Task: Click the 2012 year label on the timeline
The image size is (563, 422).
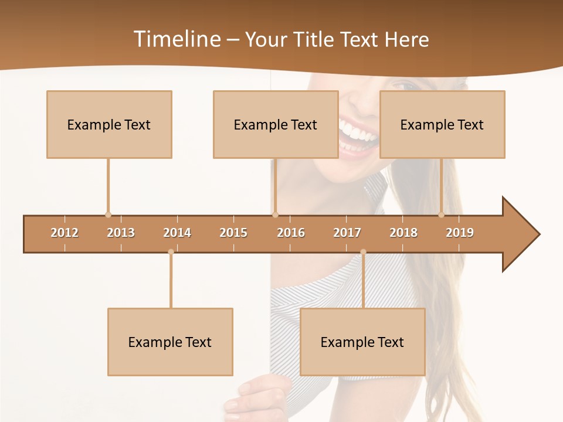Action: pyautogui.click(x=65, y=233)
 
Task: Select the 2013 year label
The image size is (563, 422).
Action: pyautogui.click(x=121, y=233)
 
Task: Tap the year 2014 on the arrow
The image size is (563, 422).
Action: pyautogui.click(x=177, y=233)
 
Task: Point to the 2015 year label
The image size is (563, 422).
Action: pyautogui.click(x=233, y=233)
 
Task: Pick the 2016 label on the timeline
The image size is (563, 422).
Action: pyautogui.click(x=291, y=233)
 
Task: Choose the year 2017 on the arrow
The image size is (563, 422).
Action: pyautogui.click(x=347, y=233)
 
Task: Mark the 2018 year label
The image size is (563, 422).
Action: pyautogui.click(x=403, y=233)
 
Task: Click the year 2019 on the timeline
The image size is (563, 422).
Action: pyautogui.click(x=460, y=233)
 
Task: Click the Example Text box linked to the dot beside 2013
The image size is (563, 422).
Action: pyautogui.click(x=109, y=124)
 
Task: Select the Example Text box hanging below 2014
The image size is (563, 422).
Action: pyautogui.click(x=170, y=342)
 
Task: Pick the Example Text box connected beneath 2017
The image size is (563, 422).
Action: pyautogui.click(x=362, y=342)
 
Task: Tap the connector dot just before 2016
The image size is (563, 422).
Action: pyautogui.click(x=276, y=215)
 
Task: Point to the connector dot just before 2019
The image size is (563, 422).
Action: pyautogui.click(x=442, y=215)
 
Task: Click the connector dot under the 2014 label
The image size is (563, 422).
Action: pyautogui.click(x=171, y=252)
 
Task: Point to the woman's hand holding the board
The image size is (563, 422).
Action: pyautogui.click(x=258, y=396)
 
